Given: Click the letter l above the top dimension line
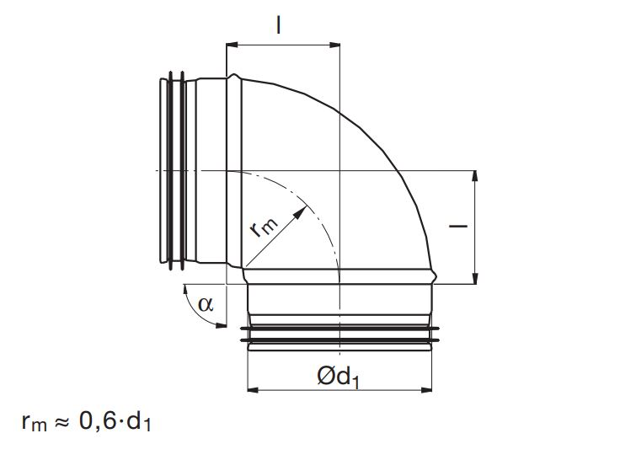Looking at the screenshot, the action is point(279,25).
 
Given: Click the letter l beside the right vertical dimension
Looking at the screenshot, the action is point(458,227).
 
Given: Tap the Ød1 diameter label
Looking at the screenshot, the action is point(338,376).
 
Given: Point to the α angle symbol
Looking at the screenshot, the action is point(206,304).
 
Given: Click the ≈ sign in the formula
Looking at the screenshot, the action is point(61,421).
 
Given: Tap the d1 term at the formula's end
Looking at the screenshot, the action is point(138,421).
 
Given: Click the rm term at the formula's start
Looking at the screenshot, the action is point(35,423).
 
